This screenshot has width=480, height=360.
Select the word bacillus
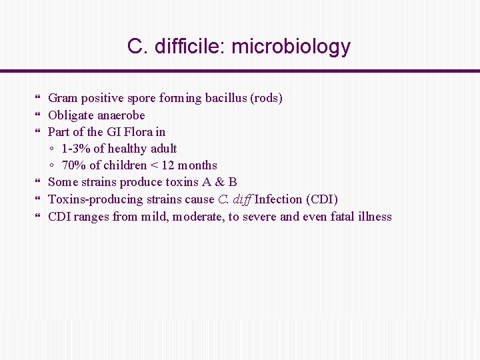pyautogui.click(x=225, y=98)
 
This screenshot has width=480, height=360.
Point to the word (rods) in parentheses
pyautogui.click(x=266, y=98)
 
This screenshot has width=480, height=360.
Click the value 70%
pyautogui.click(x=73, y=165)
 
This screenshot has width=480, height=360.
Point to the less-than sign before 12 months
pyautogui.click(x=153, y=165)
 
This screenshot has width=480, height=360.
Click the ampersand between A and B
pyautogui.click(x=217, y=182)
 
